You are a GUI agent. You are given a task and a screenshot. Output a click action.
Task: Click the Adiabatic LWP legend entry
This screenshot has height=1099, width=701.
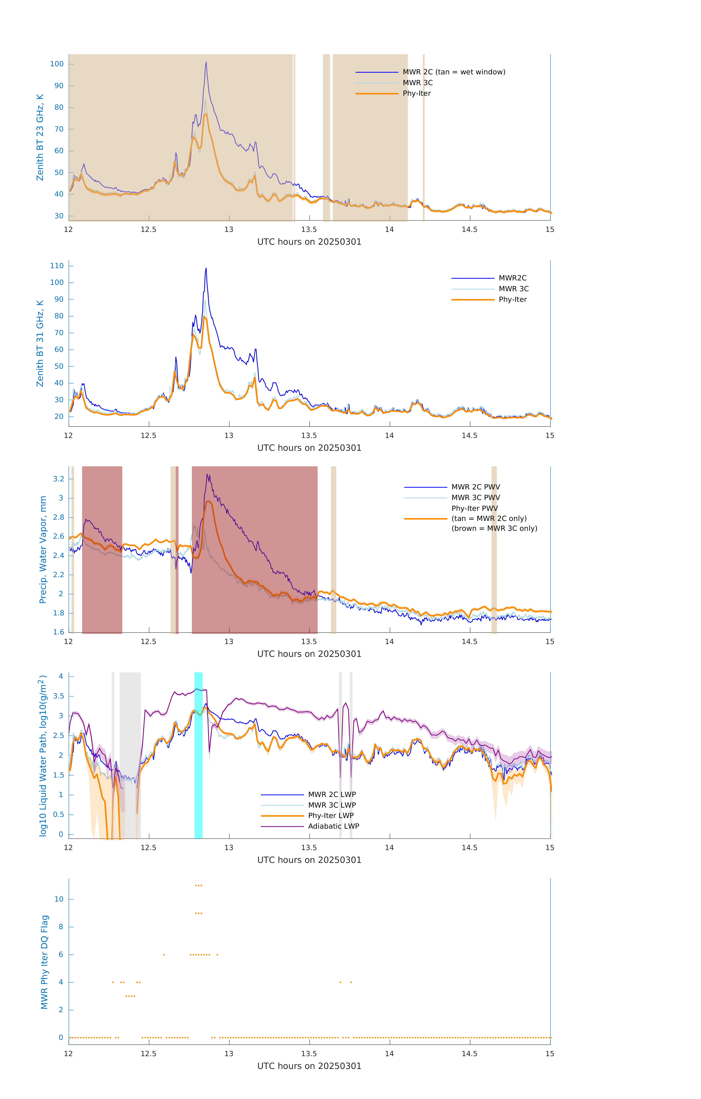click(x=333, y=826)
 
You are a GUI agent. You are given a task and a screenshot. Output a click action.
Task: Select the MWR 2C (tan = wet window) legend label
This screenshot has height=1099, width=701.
click(x=453, y=72)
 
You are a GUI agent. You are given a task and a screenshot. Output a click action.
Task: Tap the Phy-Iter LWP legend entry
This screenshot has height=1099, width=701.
click(x=331, y=816)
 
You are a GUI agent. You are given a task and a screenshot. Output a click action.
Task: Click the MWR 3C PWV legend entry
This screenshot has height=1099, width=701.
click(x=475, y=497)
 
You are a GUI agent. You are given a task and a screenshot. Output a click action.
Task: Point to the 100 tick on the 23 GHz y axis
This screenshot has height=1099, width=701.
click(x=57, y=64)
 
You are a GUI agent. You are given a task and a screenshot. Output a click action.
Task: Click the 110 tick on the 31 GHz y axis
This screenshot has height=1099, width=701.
click(x=57, y=266)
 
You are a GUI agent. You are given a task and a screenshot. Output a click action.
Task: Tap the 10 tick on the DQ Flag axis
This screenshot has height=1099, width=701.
click(x=59, y=899)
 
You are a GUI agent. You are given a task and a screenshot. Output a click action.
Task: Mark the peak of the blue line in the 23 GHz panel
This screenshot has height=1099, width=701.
click(x=206, y=62)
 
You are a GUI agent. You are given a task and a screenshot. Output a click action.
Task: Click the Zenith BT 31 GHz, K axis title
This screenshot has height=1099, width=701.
click(x=40, y=343)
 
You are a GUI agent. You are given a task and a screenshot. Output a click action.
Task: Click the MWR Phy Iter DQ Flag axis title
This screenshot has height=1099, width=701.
click(x=44, y=962)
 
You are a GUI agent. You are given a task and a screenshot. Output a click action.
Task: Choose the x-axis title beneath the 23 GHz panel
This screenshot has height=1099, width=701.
click(x=309, y=242)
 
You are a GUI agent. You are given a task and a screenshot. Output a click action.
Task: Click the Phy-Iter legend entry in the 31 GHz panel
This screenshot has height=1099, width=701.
click(x=512, y=299)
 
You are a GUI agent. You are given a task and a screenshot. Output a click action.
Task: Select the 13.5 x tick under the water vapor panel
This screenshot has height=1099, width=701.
click(x=309, y=642)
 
